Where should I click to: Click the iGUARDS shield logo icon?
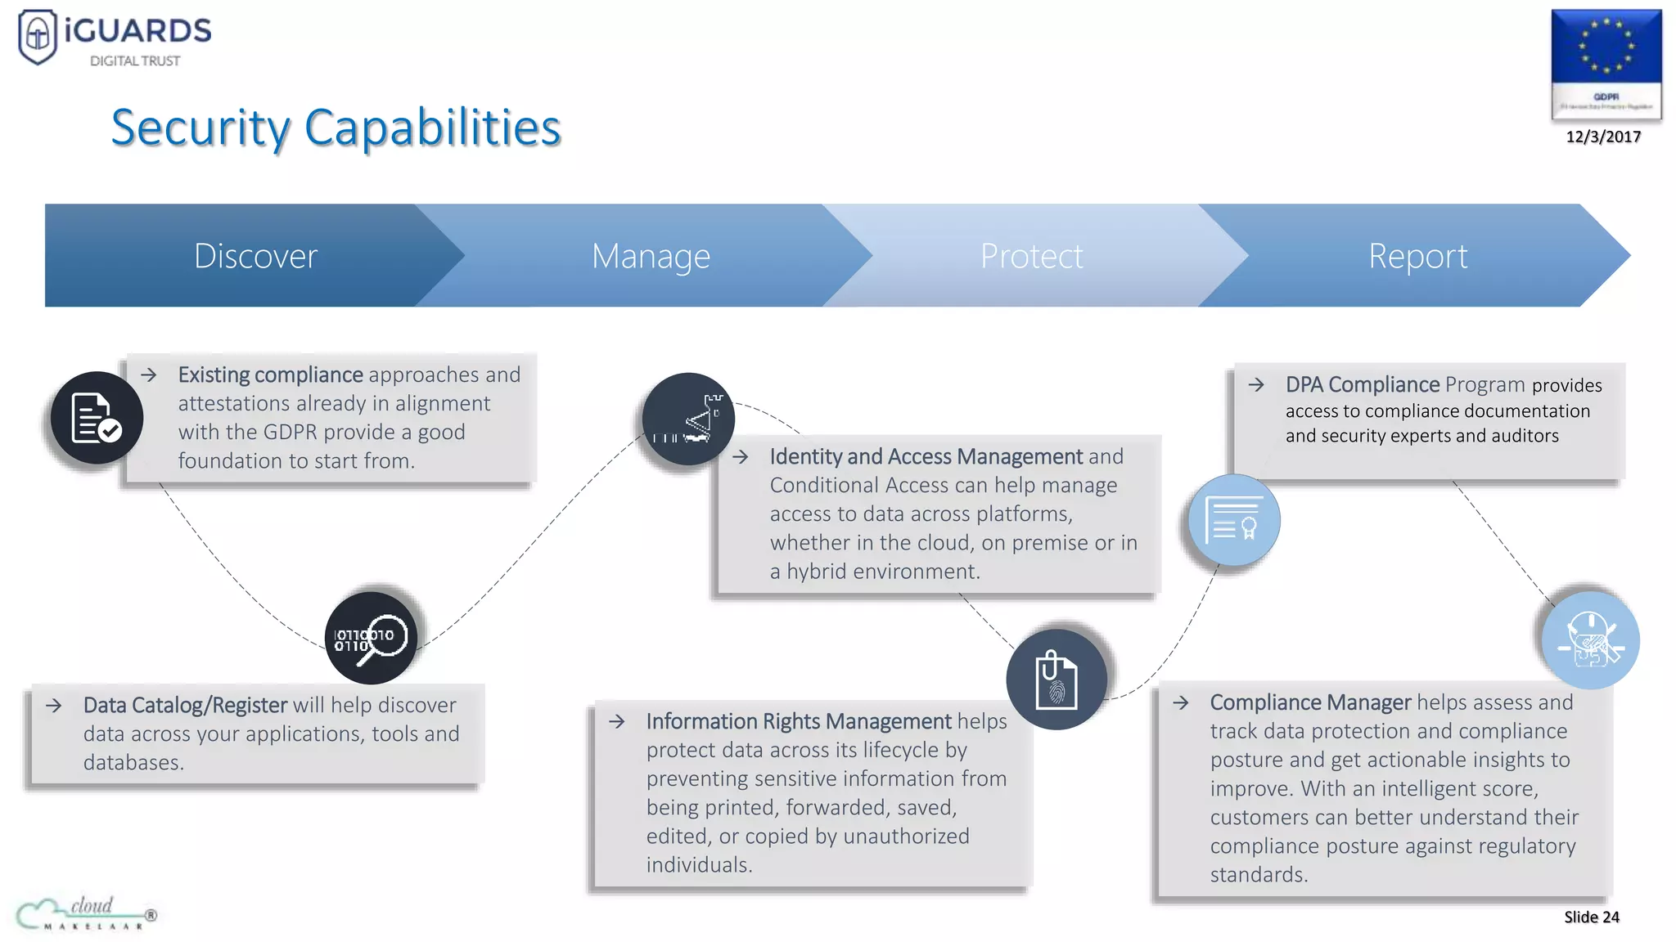pyautogui.click(x=38, y=36)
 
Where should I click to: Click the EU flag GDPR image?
pyautogui.click(x=1606, y=64)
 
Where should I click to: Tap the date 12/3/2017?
pyautogui.click(x=1603, y=137)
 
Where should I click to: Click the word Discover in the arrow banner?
pyautogui.click(x=255, y=256)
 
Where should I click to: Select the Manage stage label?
pyautogui.click(x=651, y=256)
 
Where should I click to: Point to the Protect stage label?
pyautogui.click(x=1031, y=256)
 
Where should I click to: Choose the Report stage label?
pyautogui.click(x=1417, y=256)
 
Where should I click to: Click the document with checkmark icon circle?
pyautogui.click(x=97, y=418)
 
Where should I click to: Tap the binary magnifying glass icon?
pyautogui.click(x=371, y=638)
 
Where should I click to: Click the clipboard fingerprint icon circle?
pyautogui.click(x=1057, y=679)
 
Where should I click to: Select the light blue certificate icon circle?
pyautogui.click(x=1234, y=520)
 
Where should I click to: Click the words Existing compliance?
pyautogui.click(x=270, y=375)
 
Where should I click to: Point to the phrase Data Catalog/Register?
pyautogui.click(x=185, y=705)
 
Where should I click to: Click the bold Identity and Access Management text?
pyautogui.click(x=926, y=456)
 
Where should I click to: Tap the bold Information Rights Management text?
pyautogui.click(x=799, y=721)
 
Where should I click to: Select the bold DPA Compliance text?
pyautogui.click(x=1362, y=384)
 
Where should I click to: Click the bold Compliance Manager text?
pyautogui.click(x=1310, y=702)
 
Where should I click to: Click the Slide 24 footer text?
pyautogui.click(x=1591, y=917)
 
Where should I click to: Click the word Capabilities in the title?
pyautogui.click(x=432, y=128)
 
